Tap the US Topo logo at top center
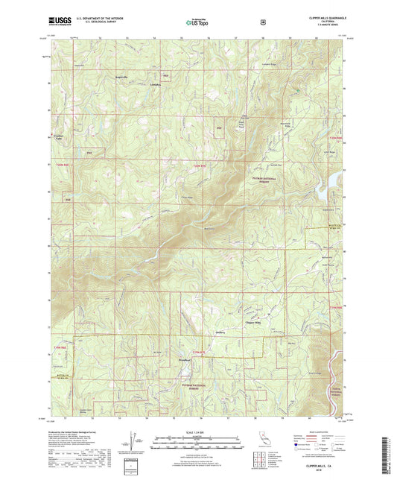197,22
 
